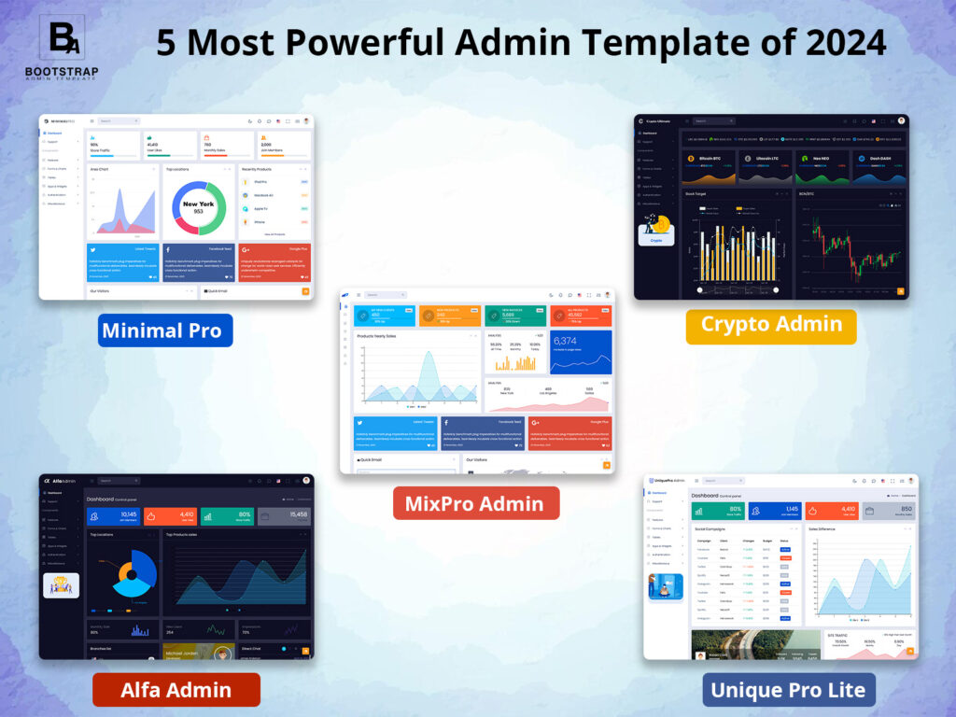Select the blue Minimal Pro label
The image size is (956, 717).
(164, 330)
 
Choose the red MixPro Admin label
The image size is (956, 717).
(475, 503)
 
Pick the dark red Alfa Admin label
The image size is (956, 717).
(176, 690)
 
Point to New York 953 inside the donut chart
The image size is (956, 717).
(199, 207)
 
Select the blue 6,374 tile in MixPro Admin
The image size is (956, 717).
(581, 351)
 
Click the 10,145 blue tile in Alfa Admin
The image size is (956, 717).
(112, 516)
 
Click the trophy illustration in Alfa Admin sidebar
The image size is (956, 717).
(61, 585)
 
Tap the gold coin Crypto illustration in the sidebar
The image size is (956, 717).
(656, 229)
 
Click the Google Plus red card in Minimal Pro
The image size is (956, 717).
(274, 262)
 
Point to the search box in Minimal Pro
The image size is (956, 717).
(119, 121)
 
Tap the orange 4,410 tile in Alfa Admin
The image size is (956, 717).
(169, 516)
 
